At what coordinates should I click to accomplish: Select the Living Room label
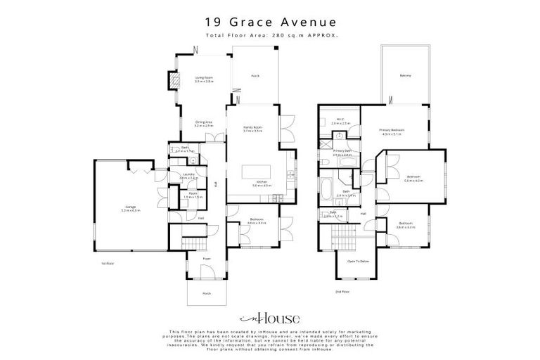click(204, 79)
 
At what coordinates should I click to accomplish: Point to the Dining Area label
click(204, 124)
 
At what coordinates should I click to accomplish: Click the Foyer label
click(207, 259)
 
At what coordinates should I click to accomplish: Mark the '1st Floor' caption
click(108, 263)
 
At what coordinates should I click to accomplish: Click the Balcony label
click(404, 75)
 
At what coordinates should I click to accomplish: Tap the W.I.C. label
click(340, 120)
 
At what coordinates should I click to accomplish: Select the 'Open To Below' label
click(359, 261)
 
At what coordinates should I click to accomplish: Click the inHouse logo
click(269, 316)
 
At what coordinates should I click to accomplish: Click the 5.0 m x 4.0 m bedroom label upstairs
click(413, 179)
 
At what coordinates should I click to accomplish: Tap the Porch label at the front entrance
click(207, 293)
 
